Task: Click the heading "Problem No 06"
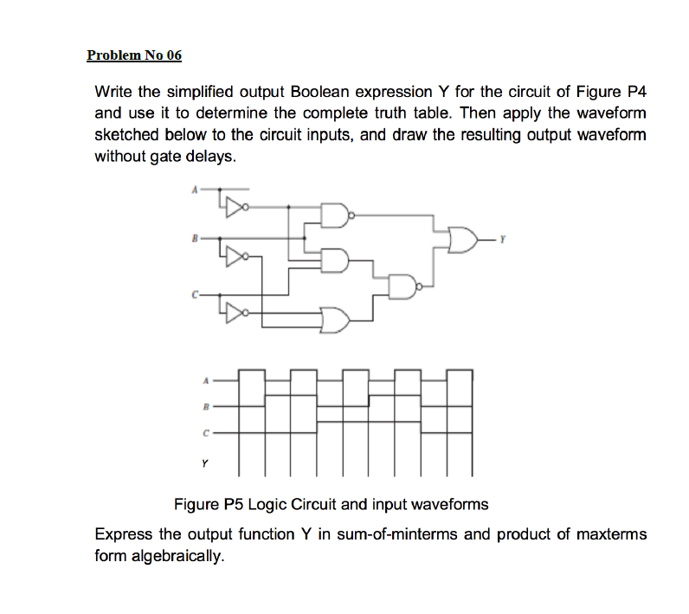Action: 134,55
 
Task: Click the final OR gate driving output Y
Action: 462,238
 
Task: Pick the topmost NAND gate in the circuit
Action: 336,216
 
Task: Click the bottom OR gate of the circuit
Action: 336,320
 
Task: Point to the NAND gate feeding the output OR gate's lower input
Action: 404,285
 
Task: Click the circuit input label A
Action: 196,192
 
